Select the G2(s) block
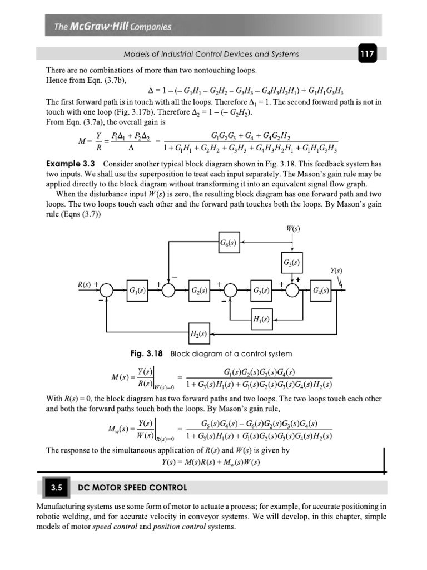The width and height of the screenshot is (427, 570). [x=200, y=291]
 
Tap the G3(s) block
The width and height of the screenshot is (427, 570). [x=261, y=291]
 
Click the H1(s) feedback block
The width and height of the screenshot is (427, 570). [x=261, y=320]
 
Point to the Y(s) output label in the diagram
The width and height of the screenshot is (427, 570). [x=336, y=271]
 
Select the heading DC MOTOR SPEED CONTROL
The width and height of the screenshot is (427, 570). [x=132, y=488]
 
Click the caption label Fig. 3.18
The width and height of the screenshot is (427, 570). [x=146, y=353]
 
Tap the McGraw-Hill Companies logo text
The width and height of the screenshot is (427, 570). [x=113, y=26]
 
